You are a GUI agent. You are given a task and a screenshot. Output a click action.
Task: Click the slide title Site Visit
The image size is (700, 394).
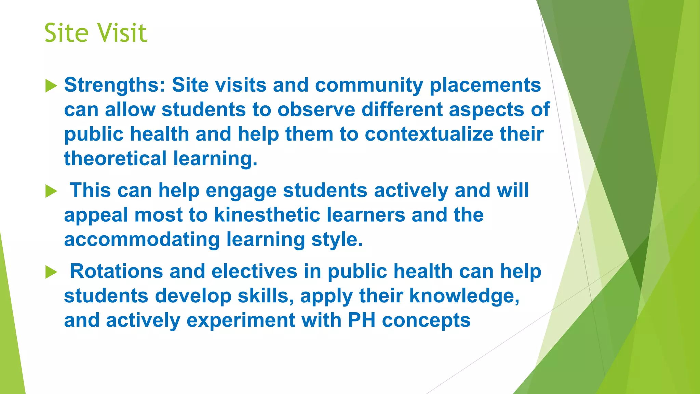96,33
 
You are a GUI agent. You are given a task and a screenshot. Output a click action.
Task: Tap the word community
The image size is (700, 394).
369,85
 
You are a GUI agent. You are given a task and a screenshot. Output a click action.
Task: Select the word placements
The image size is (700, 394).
485,85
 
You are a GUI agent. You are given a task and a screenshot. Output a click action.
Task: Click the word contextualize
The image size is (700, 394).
429,134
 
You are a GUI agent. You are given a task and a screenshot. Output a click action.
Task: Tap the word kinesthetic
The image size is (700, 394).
267,215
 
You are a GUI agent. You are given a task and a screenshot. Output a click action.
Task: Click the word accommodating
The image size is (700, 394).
142,239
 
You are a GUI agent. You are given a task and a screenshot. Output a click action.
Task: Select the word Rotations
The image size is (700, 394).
116,271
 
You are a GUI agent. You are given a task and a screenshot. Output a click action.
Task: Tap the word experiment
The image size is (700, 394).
241,320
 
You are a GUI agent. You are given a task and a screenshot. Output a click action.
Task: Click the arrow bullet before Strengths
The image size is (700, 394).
51,86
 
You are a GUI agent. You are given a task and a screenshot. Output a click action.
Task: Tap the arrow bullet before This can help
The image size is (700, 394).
51,191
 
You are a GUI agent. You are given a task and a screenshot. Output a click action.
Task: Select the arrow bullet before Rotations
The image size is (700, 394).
51,272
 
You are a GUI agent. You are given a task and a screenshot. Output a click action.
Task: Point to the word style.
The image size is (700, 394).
337,239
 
